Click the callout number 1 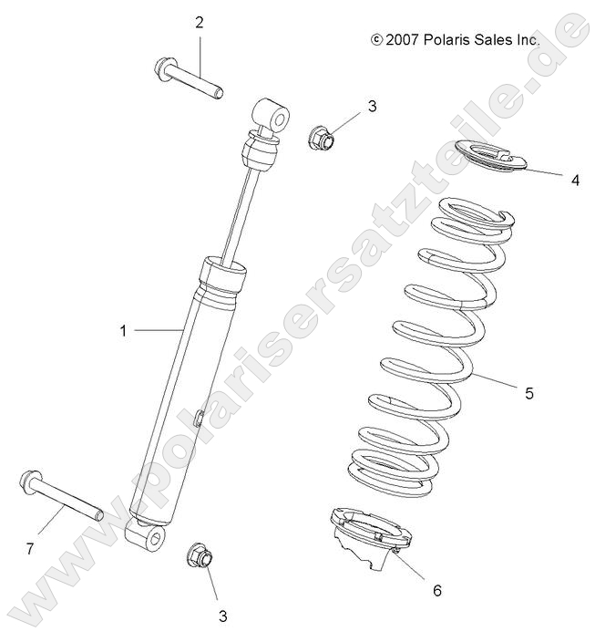pyautogui.click(x=124, y=331)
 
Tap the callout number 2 pyautogui.click(x=199, y=23)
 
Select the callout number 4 pyautogui.click(x=575, y=181)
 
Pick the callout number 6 pyautogui.click(x=436, y=590)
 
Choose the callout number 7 pyautogui.click(x=29, y=548)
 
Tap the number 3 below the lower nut pyautogui.click(x=222, y=616)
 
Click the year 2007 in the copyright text pyautogui.click(x=402, y=40)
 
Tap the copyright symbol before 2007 pyautogui.click(x=376, y=40)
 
